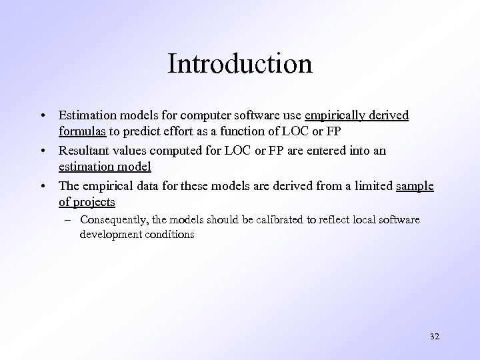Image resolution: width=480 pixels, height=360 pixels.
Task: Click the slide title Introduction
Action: pyautogui.click(x=240, y=64)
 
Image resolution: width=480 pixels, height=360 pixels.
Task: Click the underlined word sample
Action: pyautogui.click(x=415, y=186)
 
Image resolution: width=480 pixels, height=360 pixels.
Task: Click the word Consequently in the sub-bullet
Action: pyautogui.click(x=115, y=220)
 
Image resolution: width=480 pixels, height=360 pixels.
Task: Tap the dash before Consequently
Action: pyautogui.click(x=69, y=220)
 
